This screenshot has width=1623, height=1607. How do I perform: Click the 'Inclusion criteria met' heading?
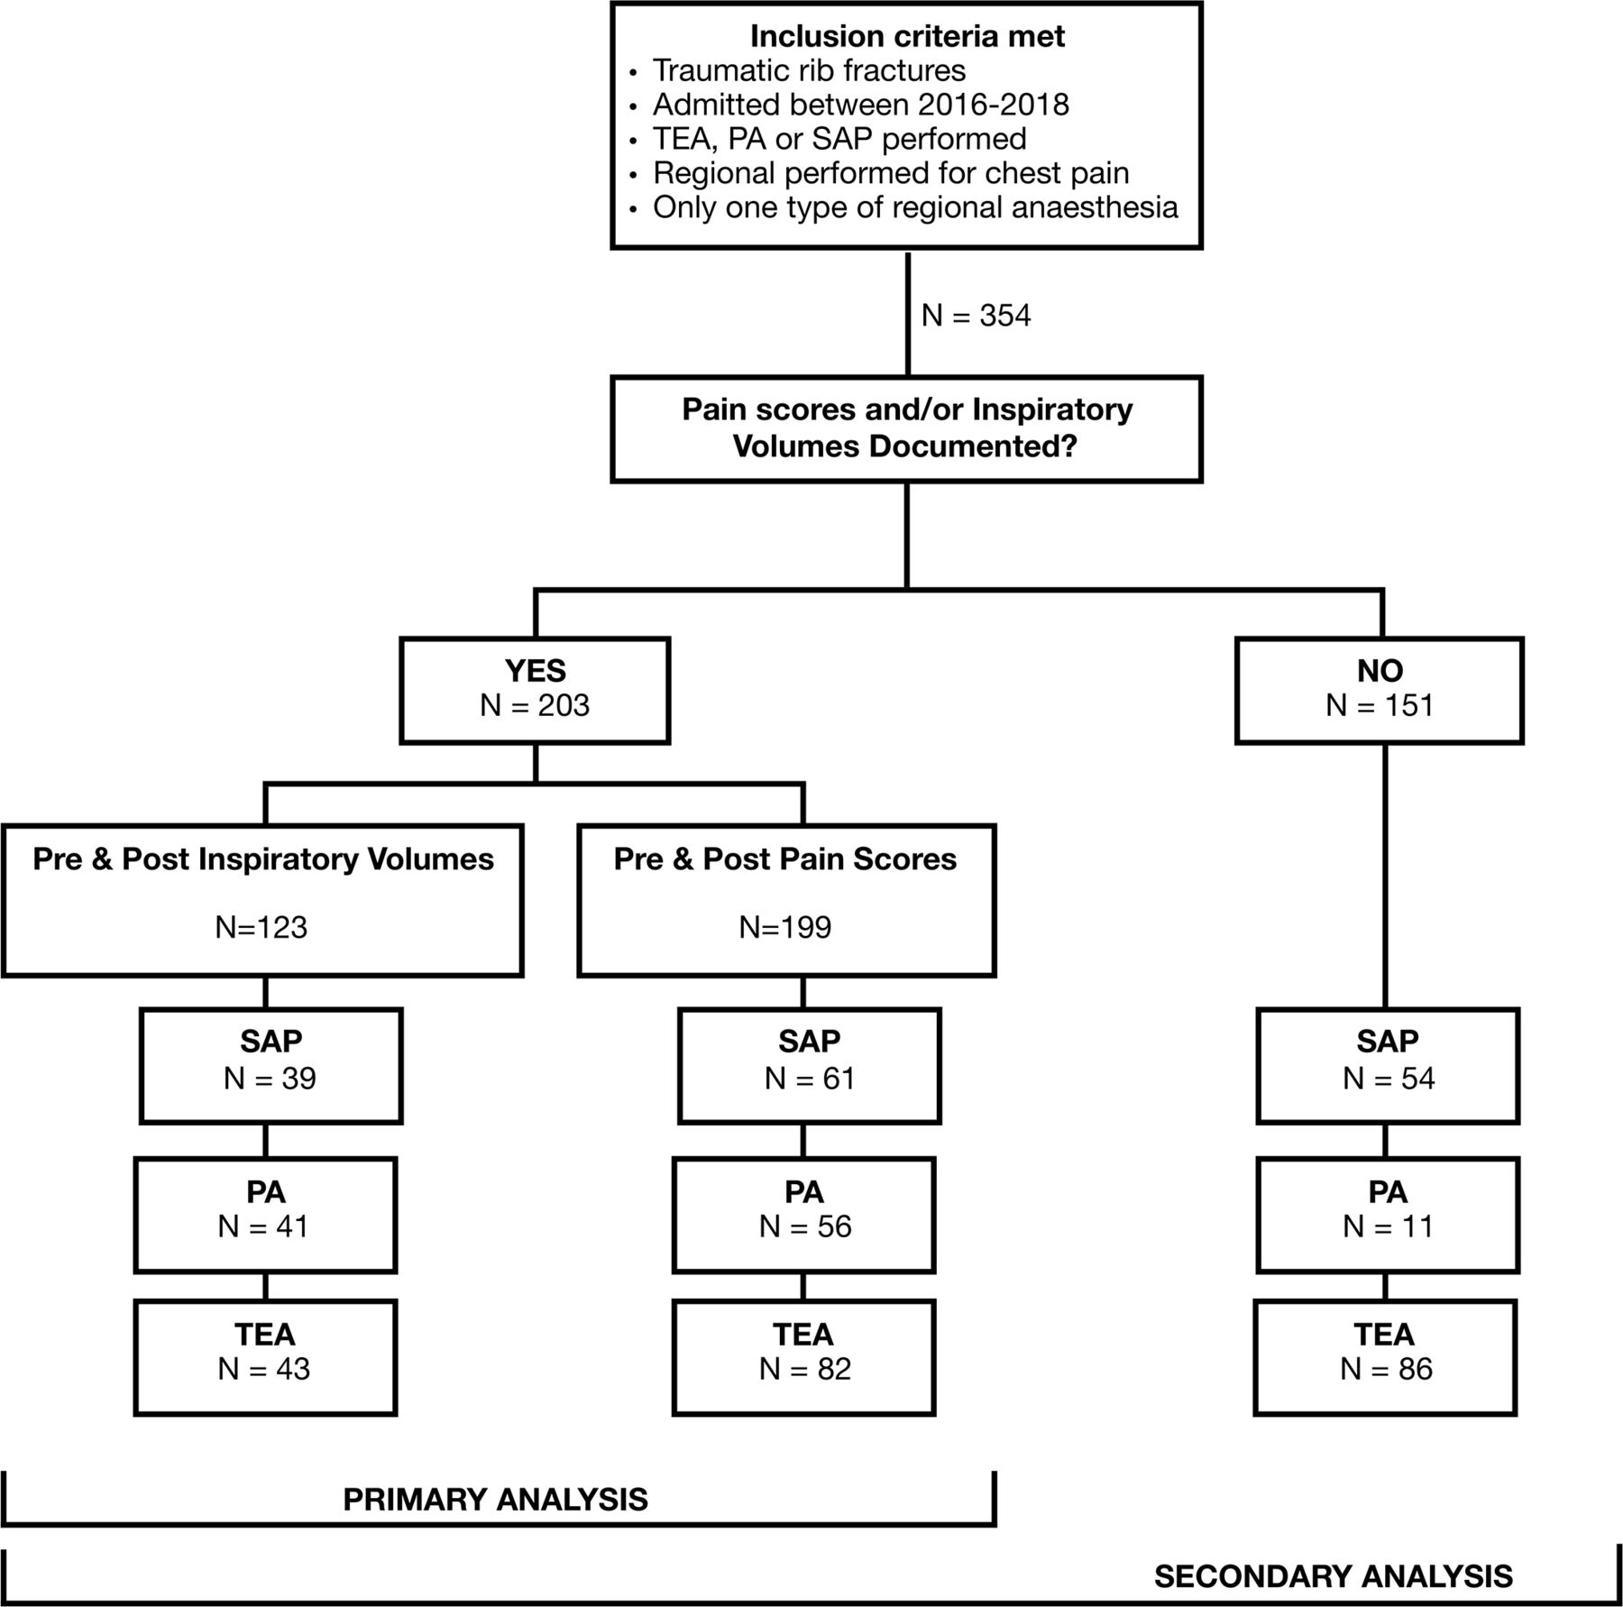907,36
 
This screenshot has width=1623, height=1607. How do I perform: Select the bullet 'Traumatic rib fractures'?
809,70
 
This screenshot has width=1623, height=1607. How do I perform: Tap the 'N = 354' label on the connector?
977,315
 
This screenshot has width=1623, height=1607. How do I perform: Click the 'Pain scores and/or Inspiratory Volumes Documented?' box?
906,429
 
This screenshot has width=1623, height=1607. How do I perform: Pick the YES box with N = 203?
535,690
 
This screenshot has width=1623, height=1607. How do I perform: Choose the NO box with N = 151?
1380,690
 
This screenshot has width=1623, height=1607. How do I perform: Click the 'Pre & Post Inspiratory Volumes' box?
262,900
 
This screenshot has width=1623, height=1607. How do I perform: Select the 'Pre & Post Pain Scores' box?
786,900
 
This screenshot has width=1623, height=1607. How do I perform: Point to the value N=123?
261,927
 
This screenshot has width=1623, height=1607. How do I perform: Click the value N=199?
785,927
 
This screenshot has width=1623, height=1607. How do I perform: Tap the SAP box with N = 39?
270,1065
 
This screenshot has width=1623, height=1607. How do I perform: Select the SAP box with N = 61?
809,1065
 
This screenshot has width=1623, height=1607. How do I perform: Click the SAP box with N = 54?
1388,1065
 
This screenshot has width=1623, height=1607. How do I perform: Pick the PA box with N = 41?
265,1215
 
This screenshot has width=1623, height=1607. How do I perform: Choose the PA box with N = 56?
803,1215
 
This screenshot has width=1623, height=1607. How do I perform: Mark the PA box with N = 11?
1388,1215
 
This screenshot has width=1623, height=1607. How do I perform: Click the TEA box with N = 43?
265,1357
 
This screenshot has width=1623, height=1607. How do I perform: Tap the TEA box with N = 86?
1386,1357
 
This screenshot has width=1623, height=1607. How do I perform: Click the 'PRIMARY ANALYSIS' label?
495,1499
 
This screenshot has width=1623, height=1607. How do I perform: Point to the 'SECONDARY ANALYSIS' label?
1334,1575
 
